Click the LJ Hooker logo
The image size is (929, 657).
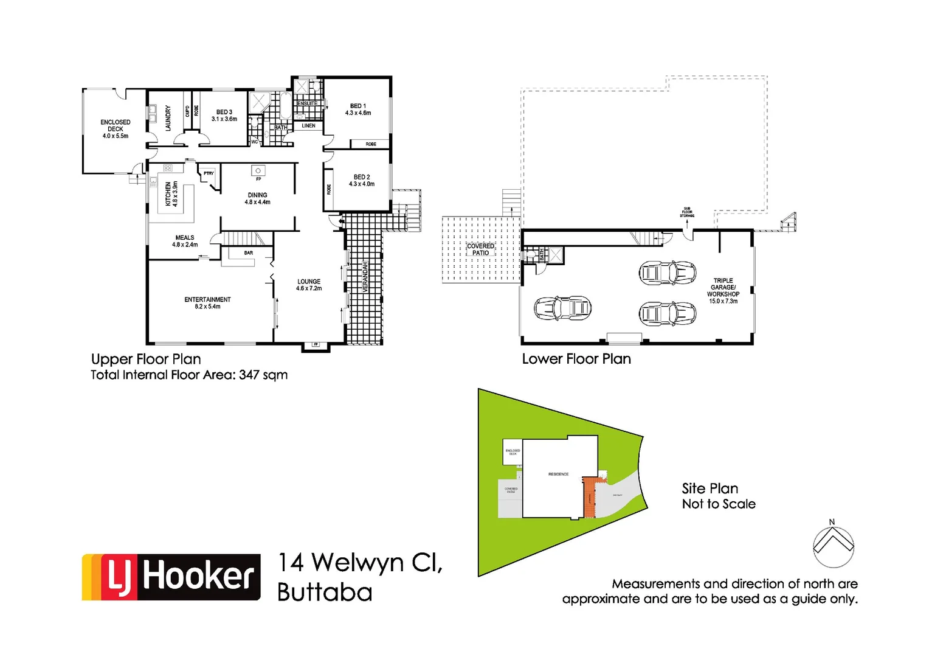[171, 577]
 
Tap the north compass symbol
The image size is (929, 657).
[833, 545]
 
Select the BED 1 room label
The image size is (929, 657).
[358, 109]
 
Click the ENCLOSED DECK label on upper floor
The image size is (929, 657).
[115, 129]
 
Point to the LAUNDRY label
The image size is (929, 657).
[168, 118]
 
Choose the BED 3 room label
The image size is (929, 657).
[224, 116]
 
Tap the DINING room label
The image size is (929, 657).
[258, 198]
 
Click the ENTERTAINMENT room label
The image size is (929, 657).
[207, 303]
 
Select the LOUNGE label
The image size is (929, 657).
[309, 285]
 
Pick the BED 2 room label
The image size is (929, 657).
[362, 180]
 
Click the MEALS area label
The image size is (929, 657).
[185, 241]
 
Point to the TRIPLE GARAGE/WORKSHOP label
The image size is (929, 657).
[723, 291]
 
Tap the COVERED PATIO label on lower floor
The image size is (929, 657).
[480, 249]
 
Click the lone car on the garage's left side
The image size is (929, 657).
[562, 308]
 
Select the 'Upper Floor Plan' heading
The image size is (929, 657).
[146, 359]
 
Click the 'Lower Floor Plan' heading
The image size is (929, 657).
[576, 359]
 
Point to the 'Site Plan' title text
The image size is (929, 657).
[710, 488]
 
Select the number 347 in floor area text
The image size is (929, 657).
[249, 375]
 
